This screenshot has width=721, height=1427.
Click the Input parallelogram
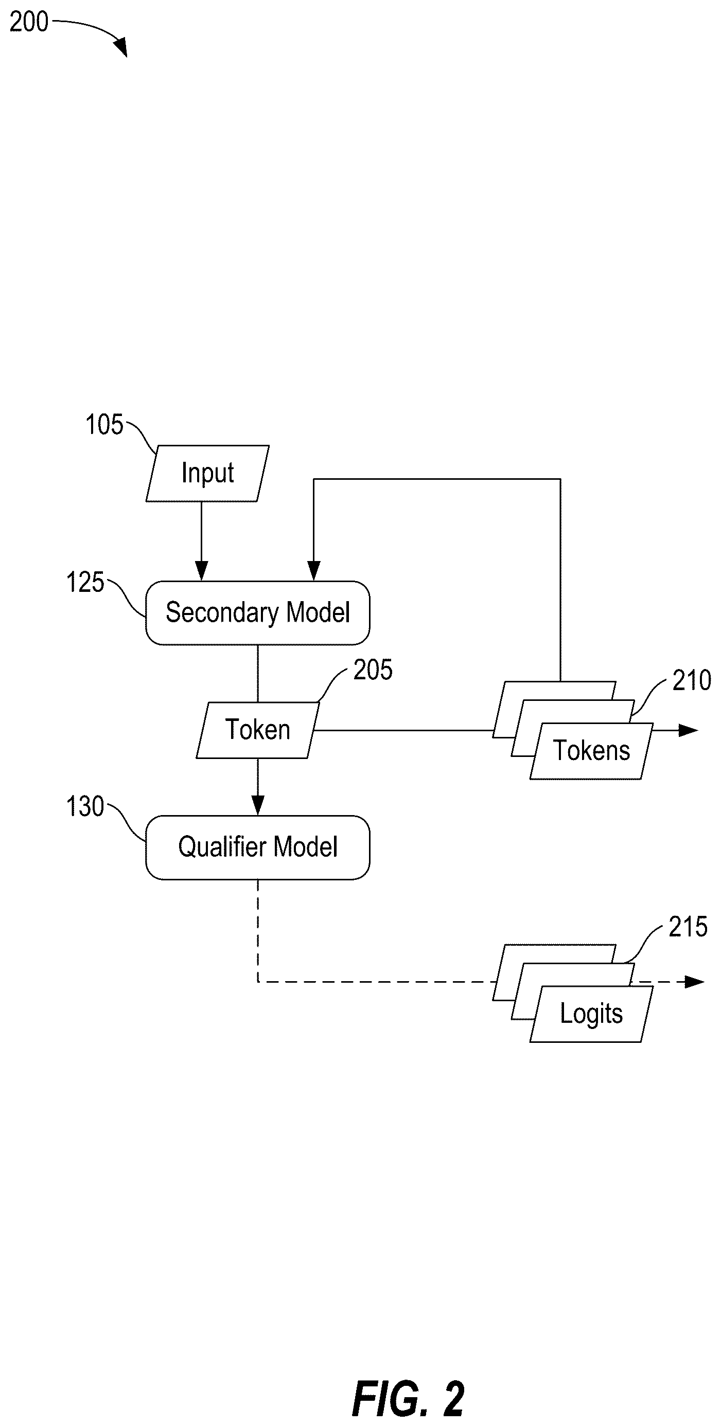207,474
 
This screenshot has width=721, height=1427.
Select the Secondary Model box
258,612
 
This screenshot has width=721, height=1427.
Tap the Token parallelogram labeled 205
258,730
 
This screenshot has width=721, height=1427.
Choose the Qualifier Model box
258,847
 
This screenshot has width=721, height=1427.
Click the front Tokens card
591,751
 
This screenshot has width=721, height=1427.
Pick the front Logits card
591,1014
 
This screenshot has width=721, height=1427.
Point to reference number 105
104,425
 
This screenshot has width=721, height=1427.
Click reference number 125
85,583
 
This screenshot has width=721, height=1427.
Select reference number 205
373,670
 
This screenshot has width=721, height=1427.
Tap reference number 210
692,680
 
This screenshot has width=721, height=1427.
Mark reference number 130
85,806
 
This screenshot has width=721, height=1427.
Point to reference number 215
688,927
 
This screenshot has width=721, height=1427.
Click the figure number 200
29,22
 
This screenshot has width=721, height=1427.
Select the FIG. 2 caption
409,1399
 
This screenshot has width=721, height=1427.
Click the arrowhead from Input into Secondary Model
202,571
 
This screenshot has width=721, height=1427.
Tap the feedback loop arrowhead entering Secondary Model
314,571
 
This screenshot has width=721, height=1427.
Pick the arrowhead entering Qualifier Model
258,805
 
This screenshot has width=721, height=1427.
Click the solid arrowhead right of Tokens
688,730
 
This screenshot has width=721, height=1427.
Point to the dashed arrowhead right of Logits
694,982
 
